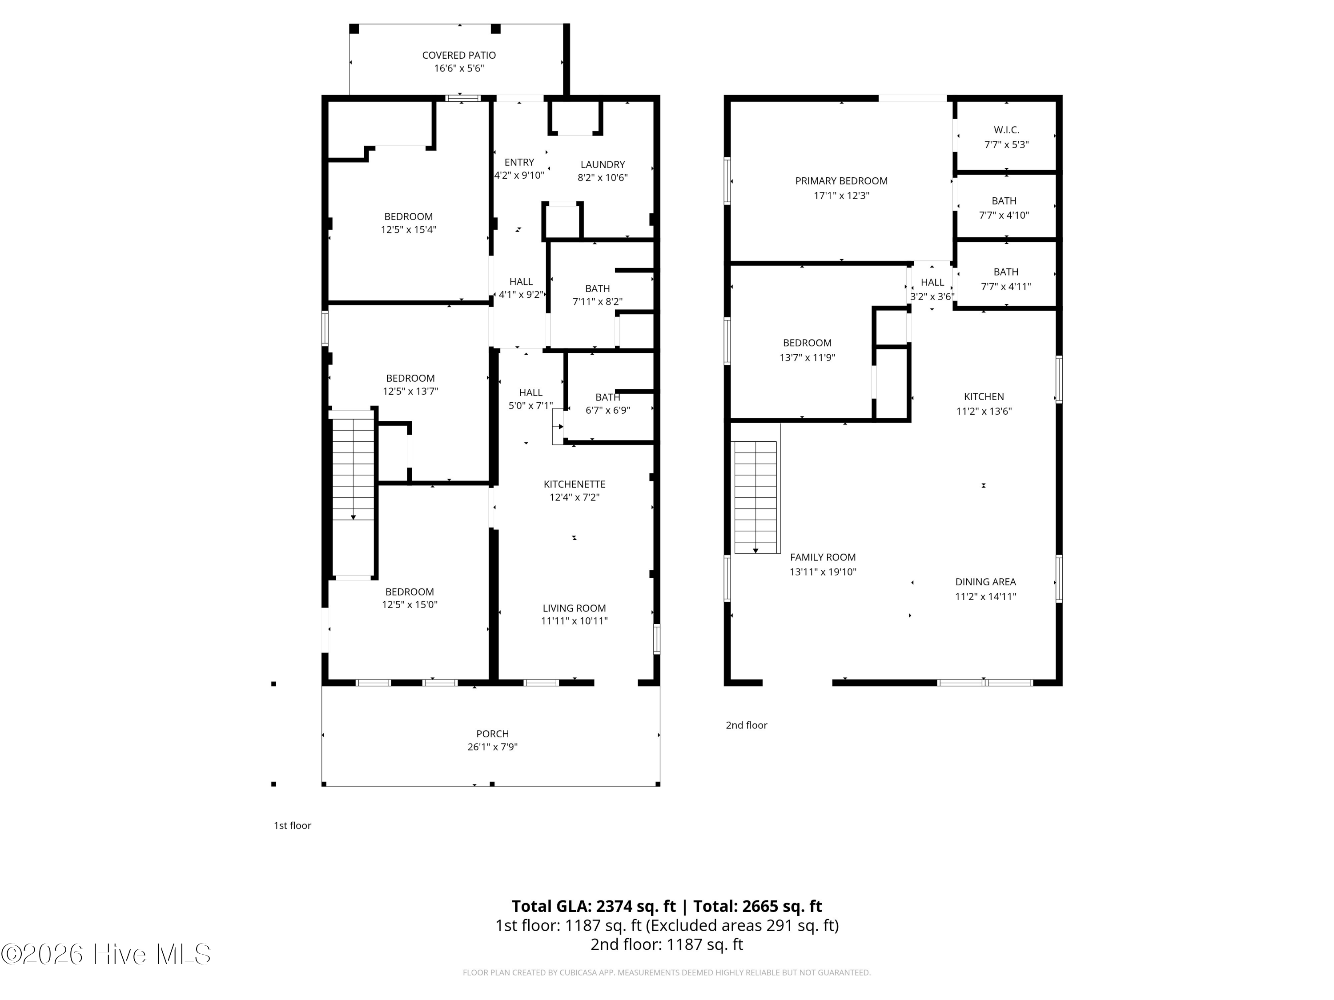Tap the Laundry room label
[x=603, y=164]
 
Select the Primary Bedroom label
[x=841, y=181]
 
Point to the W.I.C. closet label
[x=1007, y=130]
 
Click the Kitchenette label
[x=574, y=484]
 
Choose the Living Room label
[x=574, y=608]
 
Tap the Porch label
[x=493, y=734]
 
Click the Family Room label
[x=823, y=558]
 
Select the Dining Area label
[x=985, y=582]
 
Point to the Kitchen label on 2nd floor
[x=984, y=396]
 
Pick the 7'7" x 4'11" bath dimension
[x=1006, y=286]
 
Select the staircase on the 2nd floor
[x=755, y=497]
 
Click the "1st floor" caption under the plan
[x=293, y=826]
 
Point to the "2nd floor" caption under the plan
[x=746, y=725]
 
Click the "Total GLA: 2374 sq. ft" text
[x=594, y=906]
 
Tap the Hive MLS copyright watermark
[x=106, y=954]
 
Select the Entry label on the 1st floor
[x=519, y=162]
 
